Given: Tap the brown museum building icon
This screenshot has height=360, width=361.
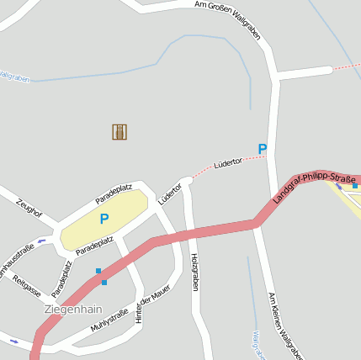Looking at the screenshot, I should coord(119,131).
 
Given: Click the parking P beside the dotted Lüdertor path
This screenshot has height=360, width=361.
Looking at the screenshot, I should coord(263,150).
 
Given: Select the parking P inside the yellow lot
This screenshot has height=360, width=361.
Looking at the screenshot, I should coord(104,219).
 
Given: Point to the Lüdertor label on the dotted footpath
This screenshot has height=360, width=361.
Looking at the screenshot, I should coord(228,161).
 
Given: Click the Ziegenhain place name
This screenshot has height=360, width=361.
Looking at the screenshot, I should coord(73,309).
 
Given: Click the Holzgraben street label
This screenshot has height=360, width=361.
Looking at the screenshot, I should coord(194,272).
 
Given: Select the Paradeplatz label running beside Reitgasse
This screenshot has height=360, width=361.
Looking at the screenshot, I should coord(61,279).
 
